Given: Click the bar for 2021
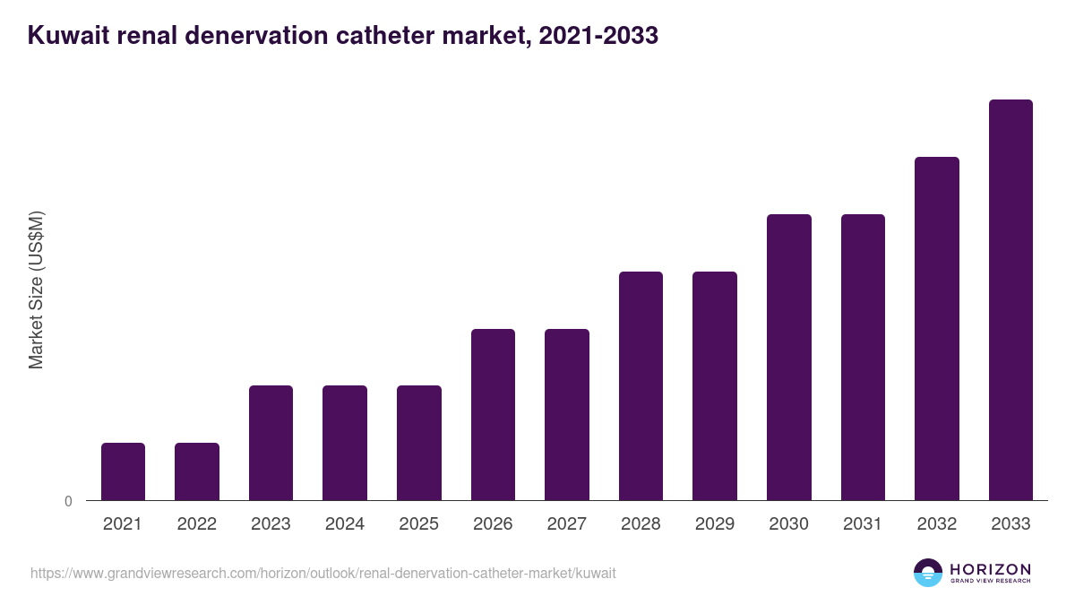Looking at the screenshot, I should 123,471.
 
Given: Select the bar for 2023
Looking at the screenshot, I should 271,443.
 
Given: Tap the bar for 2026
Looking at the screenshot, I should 493,414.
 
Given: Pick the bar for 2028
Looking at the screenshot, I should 641,385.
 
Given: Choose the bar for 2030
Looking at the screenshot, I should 788,357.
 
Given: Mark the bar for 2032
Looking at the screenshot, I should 936,328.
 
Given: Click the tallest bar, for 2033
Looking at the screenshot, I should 1010,299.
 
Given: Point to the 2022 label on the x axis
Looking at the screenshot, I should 196,524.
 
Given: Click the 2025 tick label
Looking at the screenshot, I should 418,524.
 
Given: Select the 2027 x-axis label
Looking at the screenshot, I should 566,524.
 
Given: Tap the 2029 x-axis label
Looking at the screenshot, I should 714,524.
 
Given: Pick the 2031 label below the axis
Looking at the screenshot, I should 863,524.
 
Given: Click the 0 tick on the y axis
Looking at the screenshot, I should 69,502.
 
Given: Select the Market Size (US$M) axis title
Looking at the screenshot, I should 36,290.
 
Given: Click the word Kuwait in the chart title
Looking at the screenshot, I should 68,36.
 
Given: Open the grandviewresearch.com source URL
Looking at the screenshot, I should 322,573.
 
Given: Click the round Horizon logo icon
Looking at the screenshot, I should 928,573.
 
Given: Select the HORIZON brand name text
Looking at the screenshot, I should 990,569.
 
